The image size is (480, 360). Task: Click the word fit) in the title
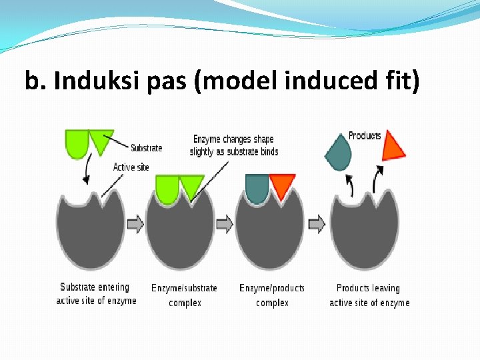pyautogui.click(x=401, y=81)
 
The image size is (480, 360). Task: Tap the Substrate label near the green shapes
pyautogui.click(x=147, y=148)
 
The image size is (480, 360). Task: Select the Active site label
pyautogui.click(x=131, y=167)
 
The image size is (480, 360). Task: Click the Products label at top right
pyautogui.click(x=365, y=136)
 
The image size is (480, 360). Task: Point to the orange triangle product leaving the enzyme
pyautogui.click(x=393, y=145)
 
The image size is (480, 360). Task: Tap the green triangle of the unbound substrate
pyautogui.click(x=101, y=141)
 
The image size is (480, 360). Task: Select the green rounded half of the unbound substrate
pyautogui.click(x=77, y=143)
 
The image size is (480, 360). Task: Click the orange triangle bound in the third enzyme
pyautogui.click(x=281, y=185)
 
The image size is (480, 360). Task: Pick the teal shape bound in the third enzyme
pyautogui.click(x=257, y=187)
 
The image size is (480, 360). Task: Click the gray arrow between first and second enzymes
pyautogui.click(x=135, y=224)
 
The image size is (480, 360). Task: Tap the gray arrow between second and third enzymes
pyautogui.click(x=225, y=224)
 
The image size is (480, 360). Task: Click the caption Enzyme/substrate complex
pyautogui.click(x=184, y=295)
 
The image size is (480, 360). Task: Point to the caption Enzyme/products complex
pyautogui.click(x=272, y=295)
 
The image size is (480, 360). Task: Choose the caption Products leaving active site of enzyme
pyautogui.click(x=369, y=295)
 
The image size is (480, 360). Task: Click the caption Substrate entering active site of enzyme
pyautogui.click(x=96, y=294)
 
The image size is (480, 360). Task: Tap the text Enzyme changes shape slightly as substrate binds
pyautogui.click(x=233, y=145)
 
